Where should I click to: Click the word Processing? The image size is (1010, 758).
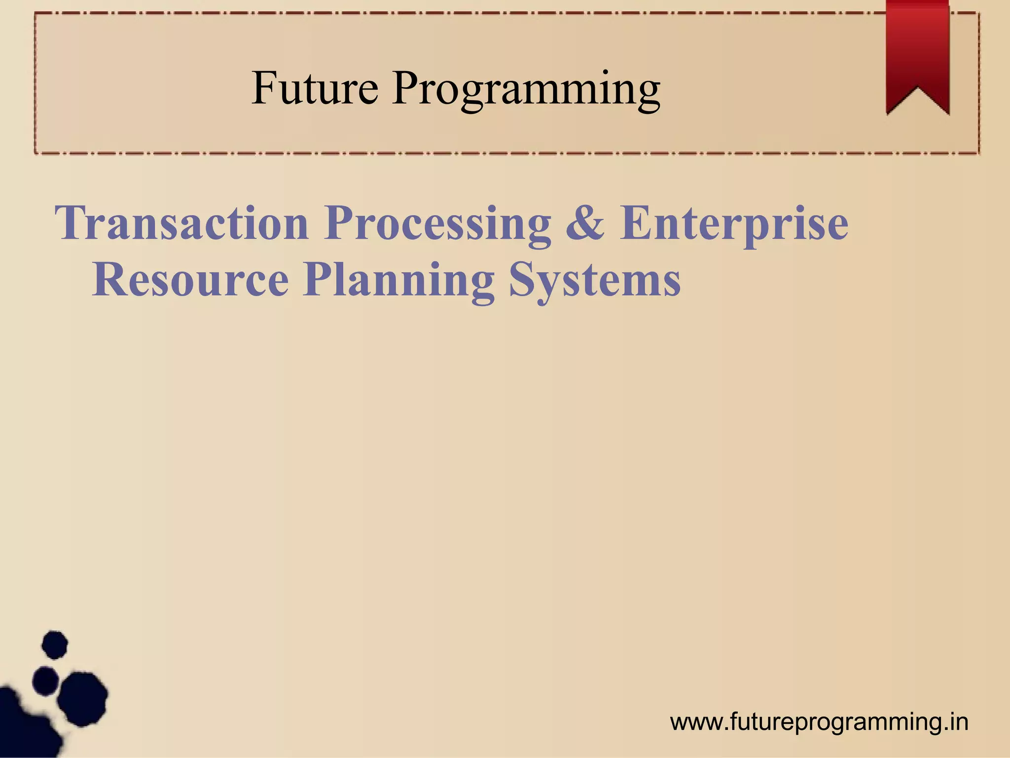click(x=437, y=225)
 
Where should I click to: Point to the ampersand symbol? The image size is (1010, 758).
click(x=585, y=223)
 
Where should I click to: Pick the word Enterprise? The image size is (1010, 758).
click(x=734, y=225)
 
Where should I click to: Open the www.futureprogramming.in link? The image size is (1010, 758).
click(x=819, y=722)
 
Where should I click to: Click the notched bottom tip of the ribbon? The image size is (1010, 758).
click(x=917, y=97)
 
